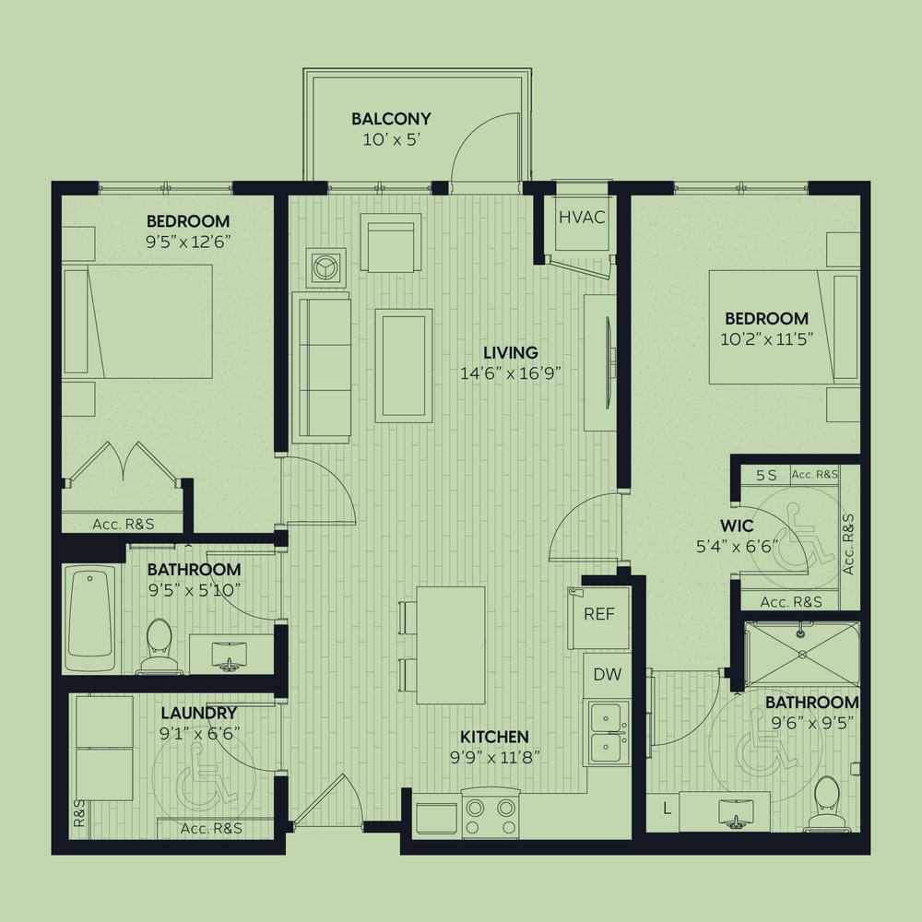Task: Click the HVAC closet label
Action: click(582, 218)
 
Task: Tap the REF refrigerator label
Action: click(598, 614)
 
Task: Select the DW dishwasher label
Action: click(607, 675)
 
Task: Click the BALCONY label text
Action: click(391, 119)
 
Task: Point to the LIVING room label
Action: click(511, 353)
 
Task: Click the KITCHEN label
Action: click(494, 737)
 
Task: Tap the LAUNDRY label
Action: click(199, 714)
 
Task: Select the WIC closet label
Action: click(736, 526)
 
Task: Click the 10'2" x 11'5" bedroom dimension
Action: click(767, 339)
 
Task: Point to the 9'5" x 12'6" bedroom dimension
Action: click(187, 242)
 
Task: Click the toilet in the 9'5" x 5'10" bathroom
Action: click(159, 645)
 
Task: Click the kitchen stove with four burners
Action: click(491, 812)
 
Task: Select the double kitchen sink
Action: click(607, 732)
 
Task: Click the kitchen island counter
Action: click(451, 645)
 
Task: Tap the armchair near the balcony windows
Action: click(391, 242)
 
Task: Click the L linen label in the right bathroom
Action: click(667, 810)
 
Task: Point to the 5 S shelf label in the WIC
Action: click(766, 475)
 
